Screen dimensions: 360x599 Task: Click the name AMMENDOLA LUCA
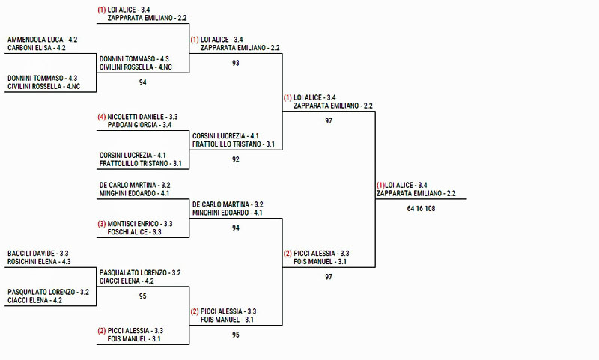tap(35, 39)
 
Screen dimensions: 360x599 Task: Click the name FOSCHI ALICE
tap(128, 232)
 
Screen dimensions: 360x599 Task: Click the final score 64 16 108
tap(421, 209)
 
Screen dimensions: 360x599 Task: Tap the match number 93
tap(236, 64)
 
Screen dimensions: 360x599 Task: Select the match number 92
tap(236, 159)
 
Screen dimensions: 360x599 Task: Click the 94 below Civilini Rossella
tap(143, 82)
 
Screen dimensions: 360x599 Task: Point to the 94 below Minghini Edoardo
tap(236, 228)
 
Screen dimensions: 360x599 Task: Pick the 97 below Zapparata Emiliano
tap(329, 120)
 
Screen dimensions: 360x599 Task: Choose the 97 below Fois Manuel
tap(329, 277)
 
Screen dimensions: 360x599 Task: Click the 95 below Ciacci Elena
tap(143, 296)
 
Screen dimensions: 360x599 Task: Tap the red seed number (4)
tap(102, 117)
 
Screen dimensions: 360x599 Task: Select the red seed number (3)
tap(102, 223)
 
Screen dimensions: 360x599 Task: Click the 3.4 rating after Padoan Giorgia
tap(166, 125)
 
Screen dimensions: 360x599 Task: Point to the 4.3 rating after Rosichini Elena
tap(66, 262)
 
